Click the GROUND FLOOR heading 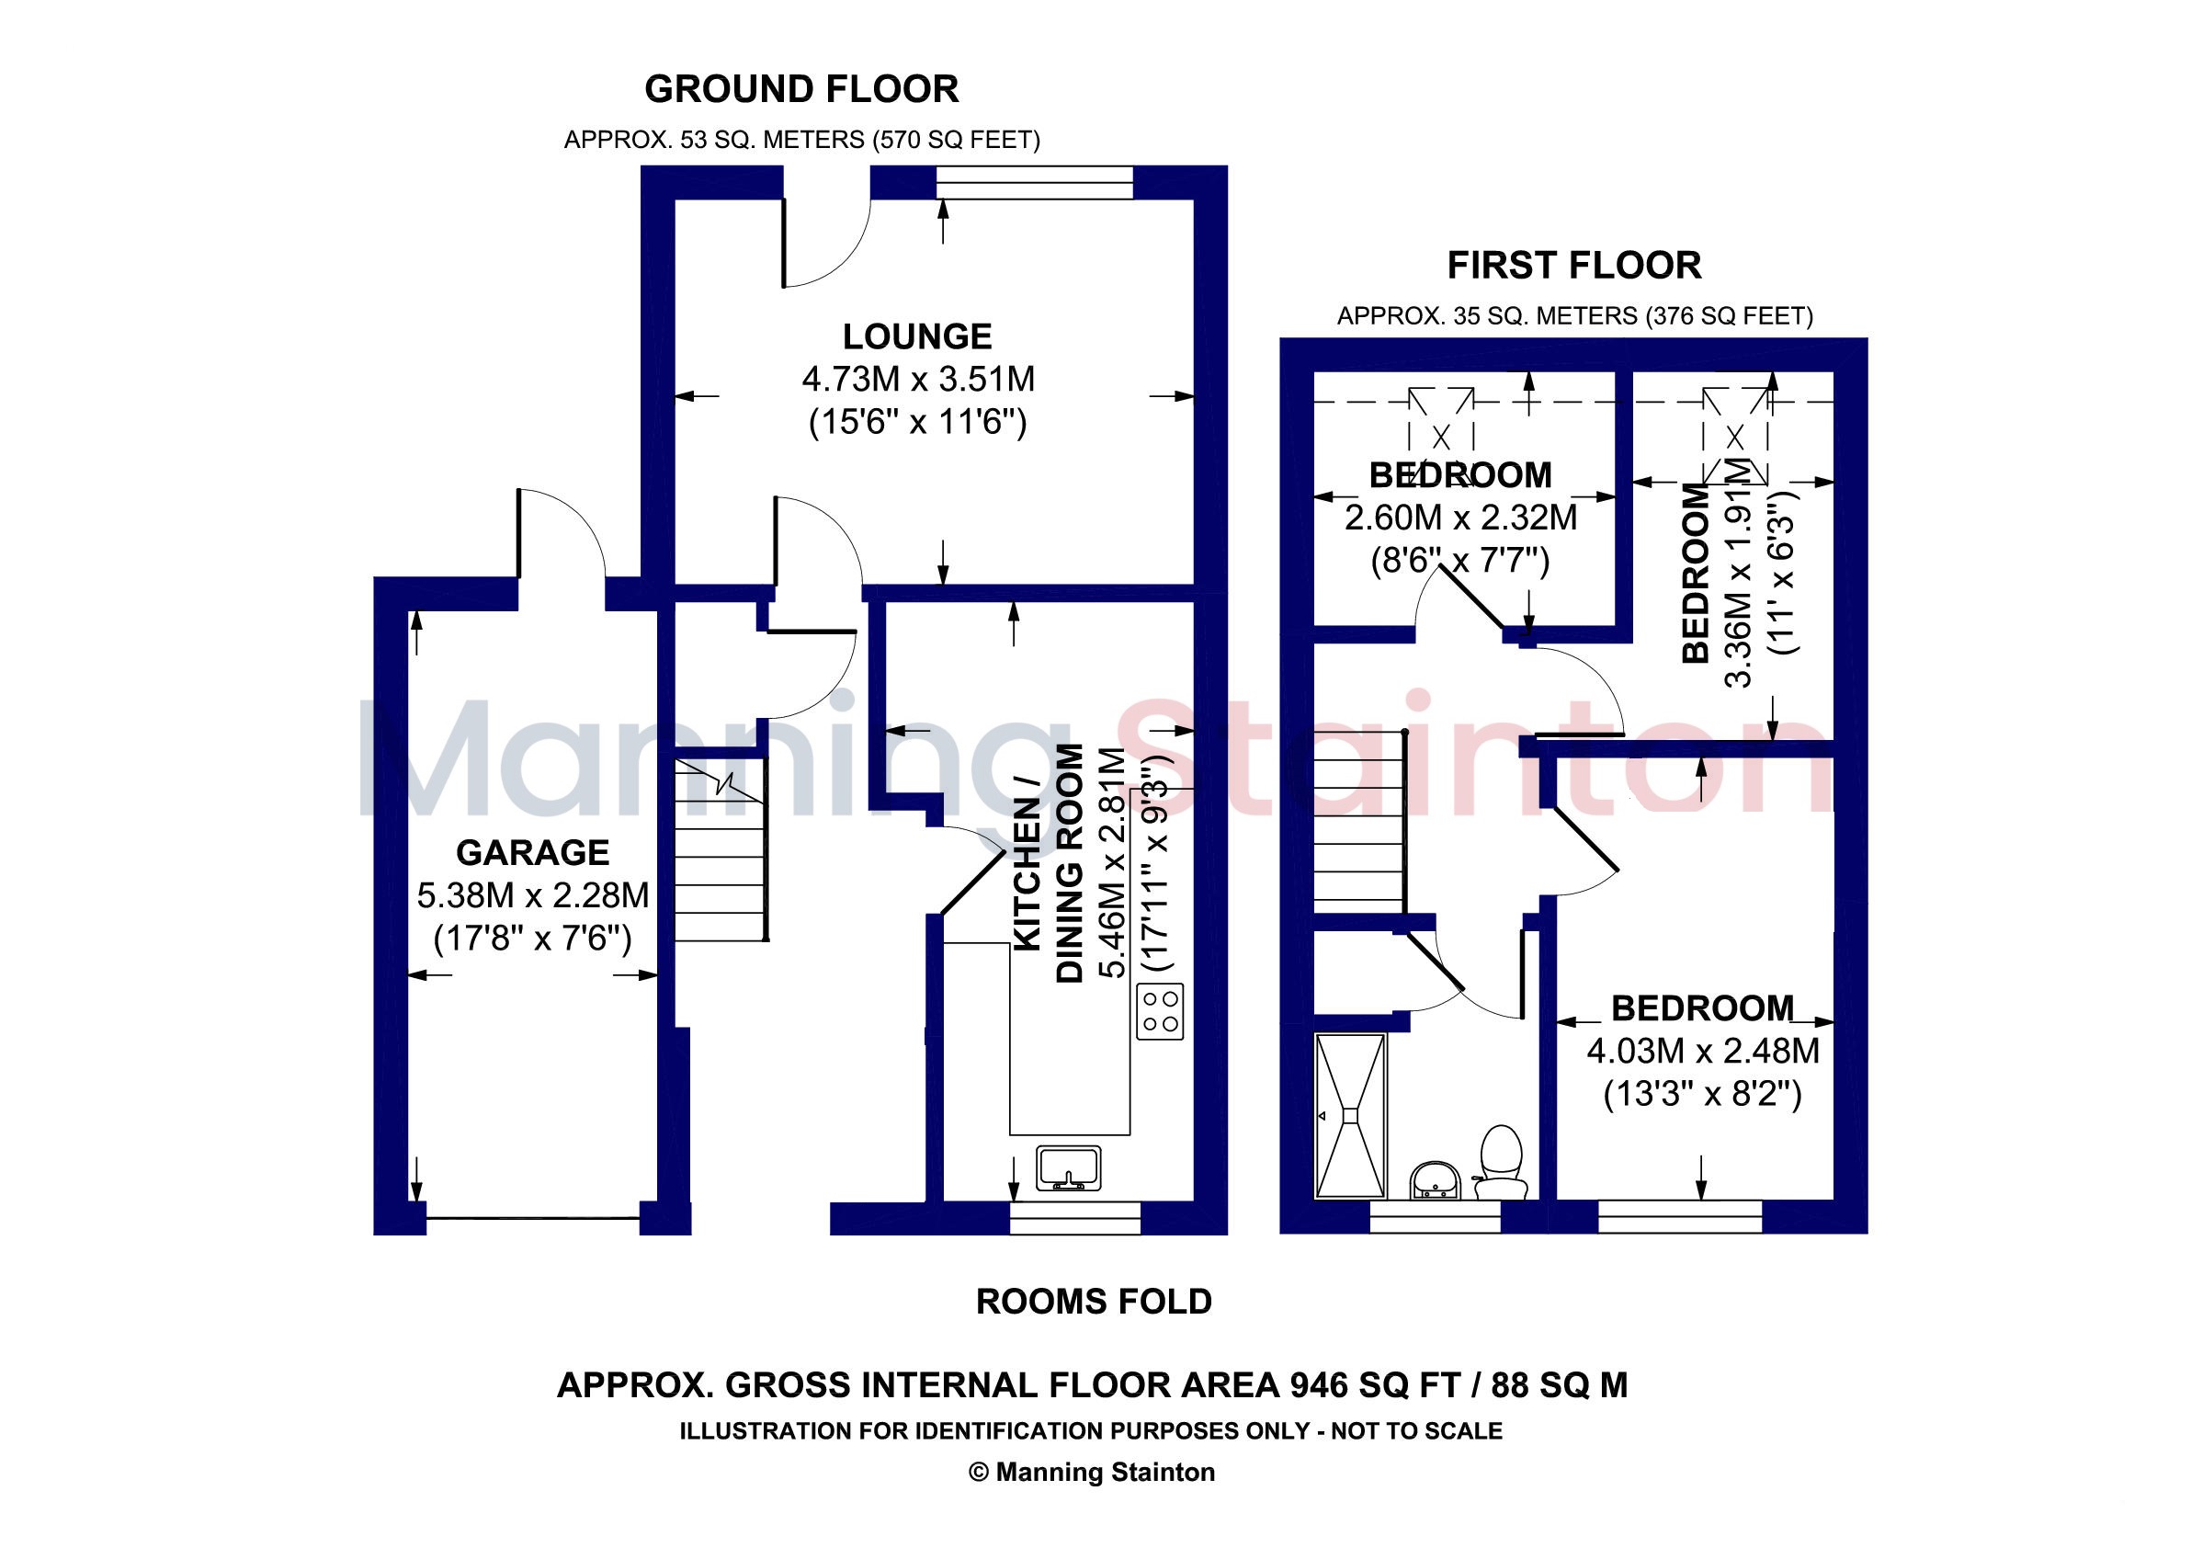801,90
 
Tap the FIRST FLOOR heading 1574,266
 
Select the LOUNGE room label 917,336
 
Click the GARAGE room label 532,852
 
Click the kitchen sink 1069,1168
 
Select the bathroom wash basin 1435,1179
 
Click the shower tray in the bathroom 1350,1115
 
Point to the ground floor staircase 721,849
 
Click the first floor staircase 1360,823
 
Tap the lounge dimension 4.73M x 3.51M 918,380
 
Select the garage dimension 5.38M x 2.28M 532,896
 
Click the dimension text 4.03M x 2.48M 1702,1052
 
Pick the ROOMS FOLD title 1094,1302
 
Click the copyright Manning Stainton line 1093,1473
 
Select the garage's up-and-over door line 532,1218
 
